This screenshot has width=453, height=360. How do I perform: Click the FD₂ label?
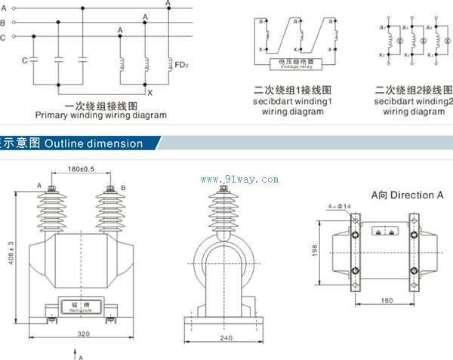pos(181,66)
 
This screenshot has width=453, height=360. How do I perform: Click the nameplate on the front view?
pos(80,306)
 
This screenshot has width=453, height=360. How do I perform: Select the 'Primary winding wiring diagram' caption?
pos(101,115)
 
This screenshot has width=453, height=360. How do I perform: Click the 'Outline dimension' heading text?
pos(94,143)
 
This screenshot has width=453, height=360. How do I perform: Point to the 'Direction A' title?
pos(408,195)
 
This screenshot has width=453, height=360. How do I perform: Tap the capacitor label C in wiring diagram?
pos(25,59)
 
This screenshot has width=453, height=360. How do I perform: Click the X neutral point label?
pos(149,92)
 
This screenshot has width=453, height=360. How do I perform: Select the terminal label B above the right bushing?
pos(123,186)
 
